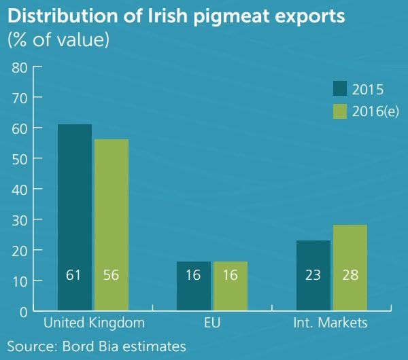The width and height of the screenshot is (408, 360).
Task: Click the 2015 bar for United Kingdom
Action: point(75,217)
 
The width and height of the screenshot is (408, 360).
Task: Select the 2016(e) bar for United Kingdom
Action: point(111,225)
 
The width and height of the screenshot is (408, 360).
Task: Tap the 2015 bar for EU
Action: point(194,286)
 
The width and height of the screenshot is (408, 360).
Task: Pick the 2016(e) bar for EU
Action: point(231,286)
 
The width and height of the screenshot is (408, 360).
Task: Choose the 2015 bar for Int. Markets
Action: point(313,275)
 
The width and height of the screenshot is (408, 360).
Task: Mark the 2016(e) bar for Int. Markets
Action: point(350,268)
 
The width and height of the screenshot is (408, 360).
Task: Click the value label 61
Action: point(75,275)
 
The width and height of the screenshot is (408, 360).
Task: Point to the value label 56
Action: point(111,275)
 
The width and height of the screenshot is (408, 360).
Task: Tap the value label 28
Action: point(350,275)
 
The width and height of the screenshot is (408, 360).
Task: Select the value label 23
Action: point(313,275)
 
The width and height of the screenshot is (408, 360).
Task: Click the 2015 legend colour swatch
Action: point(340,89)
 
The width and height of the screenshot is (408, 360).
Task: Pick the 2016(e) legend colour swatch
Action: point(340,111)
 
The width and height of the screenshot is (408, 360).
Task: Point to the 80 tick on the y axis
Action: point(19,67)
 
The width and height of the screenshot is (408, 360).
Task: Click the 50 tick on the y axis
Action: point(19,159)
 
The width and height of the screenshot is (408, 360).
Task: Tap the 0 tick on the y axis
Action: point(22,312)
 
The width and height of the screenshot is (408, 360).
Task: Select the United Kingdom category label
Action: point(93,322)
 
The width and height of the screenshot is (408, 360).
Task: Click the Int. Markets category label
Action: point(330,322)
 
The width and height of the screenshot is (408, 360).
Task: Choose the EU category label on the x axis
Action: point(212,322)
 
